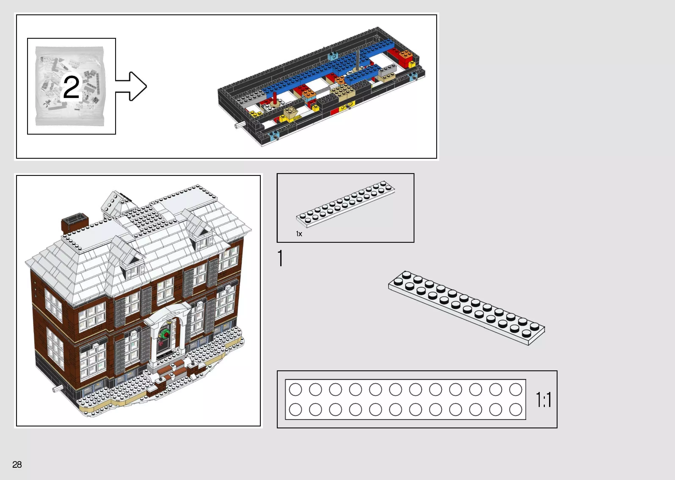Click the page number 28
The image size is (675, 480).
click(17, 465)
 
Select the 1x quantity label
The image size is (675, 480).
click(299, 234)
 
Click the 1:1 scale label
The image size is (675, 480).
click(543, 400)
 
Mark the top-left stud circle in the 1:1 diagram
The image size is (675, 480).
click(295, 390)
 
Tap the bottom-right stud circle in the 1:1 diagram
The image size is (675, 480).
click(515, 410)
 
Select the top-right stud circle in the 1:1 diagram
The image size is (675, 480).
click(515, 390)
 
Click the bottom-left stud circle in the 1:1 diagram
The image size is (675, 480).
click(295, 410)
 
